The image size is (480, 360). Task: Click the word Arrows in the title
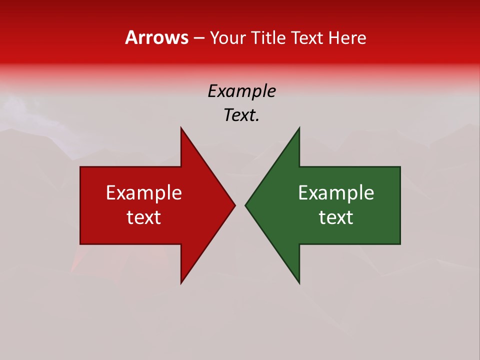pos(156,37)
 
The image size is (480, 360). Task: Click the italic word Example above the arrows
pos(241,91)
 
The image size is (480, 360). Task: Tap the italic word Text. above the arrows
pos(241,115)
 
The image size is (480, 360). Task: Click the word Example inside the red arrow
pos(144,192)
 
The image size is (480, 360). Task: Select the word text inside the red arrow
pos(144,217)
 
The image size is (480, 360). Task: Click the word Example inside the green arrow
pos(336,192)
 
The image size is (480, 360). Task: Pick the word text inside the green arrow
pos(336,217)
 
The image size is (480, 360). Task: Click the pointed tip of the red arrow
pos(235,205)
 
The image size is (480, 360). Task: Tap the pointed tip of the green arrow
pos(245,205)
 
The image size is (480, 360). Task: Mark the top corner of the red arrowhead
pos(181,128)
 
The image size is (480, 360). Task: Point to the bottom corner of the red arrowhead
pos(181,283)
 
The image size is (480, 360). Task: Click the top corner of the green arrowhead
pos(299,128)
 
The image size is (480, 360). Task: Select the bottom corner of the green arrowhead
pos(299,283)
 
